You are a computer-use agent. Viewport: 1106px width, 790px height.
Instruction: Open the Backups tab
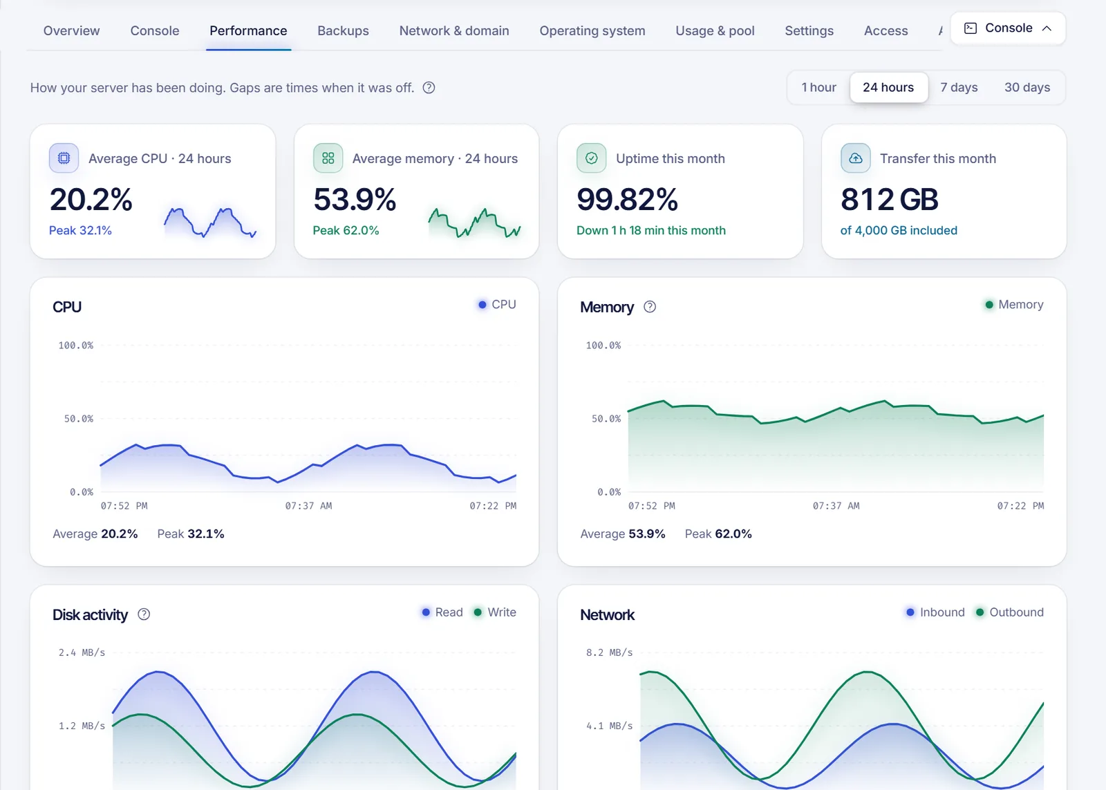(x=343, y=30)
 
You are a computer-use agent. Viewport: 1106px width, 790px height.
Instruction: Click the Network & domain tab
(x=453, y=30)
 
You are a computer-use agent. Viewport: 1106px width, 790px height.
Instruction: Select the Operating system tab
(x=592, y=30)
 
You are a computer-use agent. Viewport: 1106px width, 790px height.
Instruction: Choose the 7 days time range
(x=959, y=87)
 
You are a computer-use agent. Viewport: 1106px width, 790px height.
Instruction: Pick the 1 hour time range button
(x=818, y=87)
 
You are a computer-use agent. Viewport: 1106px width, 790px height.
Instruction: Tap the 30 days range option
(x=1027, y=87)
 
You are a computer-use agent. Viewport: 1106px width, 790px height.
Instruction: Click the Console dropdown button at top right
(x=1008, y=28)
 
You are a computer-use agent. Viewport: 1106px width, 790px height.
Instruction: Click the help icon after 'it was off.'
(x=429, y=87)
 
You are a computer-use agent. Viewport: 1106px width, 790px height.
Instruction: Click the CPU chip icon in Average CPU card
(x=64, y=158)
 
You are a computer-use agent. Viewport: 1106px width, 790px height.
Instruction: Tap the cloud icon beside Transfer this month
(x=855, y=158)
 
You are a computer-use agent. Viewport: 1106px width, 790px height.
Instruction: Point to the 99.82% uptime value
(x=627, y=199)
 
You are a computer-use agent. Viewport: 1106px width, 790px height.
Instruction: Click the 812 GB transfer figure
(x=889, y=199)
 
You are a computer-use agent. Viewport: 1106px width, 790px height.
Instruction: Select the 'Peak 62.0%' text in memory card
(x=346, y=231)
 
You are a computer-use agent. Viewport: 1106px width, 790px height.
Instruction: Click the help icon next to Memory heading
(x=650, y=307)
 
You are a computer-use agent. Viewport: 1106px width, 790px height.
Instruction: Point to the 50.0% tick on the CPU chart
(x=79, y=419)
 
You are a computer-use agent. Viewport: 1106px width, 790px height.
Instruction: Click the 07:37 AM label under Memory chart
(x=836, y=506)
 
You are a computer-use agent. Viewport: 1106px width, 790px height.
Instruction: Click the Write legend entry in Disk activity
(x=495, y=612)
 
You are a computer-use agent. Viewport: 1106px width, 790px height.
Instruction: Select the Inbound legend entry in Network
(x=935, y=612)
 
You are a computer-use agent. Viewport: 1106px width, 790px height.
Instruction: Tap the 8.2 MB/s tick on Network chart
(x=609, y=652)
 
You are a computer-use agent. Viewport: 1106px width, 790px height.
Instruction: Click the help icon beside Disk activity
(x=144, y=614)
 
